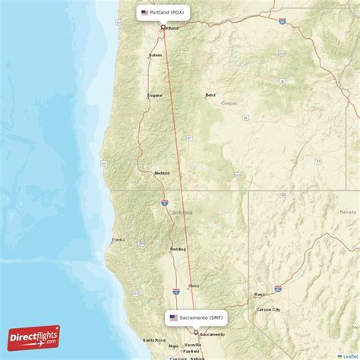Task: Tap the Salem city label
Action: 155,55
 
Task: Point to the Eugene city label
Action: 154,95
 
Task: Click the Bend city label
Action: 210,95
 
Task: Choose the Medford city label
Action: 161,172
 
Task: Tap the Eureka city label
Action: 118,239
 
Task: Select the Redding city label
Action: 178,248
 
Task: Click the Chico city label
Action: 194,286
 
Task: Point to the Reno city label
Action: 260,294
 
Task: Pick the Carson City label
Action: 269,310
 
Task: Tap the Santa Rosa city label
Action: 153,339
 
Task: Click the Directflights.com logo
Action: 33,337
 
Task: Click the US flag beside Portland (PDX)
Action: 144,12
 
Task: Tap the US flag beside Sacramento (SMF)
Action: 173,317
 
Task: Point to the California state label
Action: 181,212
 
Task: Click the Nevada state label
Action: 349,212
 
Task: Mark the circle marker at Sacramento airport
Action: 195,332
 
